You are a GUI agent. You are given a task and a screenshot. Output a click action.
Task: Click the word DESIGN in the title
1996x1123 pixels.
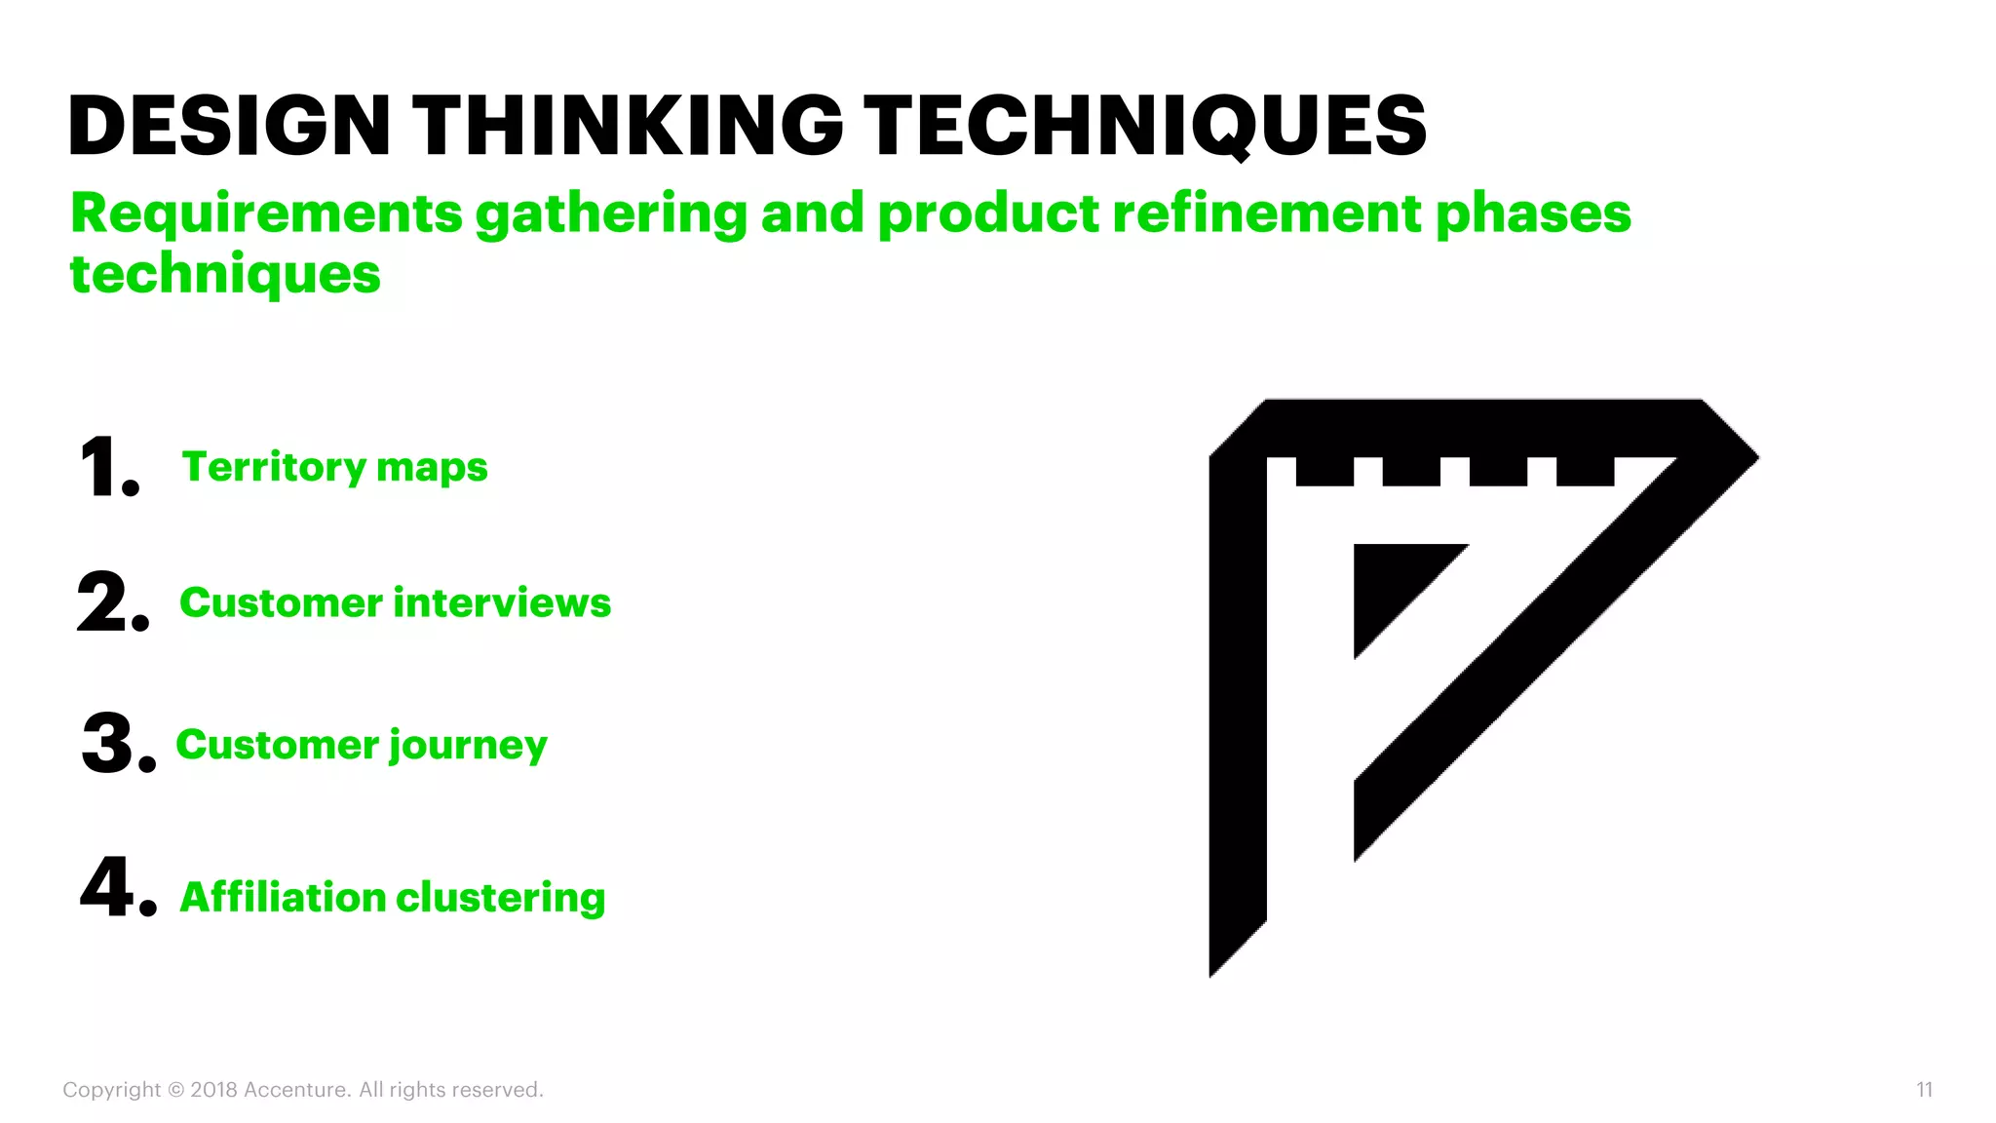(229, 126)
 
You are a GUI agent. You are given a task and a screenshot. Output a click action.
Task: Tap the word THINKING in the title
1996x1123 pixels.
(628, 126)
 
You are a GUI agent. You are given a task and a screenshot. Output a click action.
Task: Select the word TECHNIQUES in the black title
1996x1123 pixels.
(1145, 126)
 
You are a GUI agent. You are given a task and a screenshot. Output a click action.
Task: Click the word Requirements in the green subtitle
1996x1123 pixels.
(266, 213)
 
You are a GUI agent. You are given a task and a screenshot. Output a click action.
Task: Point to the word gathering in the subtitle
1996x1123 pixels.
(611, 215)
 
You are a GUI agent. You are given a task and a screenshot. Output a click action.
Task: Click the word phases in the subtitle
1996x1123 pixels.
(1533, 215)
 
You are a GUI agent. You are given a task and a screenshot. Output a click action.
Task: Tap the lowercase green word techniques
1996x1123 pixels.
(225, 276)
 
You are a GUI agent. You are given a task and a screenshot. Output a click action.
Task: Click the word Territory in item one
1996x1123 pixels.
(272, 468)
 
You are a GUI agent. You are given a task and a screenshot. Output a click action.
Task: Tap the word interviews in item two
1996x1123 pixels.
(502, 603)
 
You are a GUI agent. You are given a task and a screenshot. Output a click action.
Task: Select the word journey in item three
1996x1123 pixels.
(468, 747)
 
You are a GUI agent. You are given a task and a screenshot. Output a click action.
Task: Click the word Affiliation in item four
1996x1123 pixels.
(283, 897)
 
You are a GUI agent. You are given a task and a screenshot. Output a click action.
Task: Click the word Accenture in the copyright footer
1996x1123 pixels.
(296, 1090)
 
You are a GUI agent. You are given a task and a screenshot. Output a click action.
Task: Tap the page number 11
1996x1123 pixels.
(1924, 1090)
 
